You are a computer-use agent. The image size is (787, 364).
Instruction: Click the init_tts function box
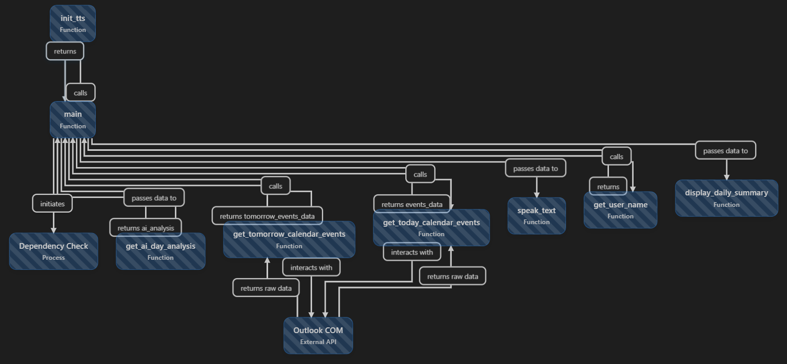coord(73,24)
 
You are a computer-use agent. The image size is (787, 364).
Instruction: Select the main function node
coord(73,119)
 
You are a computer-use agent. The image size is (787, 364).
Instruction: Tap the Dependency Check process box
coord(53,251)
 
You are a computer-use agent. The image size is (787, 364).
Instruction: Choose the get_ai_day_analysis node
coord(160,251)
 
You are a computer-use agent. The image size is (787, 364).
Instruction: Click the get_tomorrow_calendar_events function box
coord(289,240)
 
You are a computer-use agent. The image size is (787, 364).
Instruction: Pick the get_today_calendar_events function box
coord(431,228)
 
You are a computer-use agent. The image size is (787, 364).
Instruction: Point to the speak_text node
coord(536,216)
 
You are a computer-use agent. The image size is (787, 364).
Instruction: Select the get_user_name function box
coord(620,210)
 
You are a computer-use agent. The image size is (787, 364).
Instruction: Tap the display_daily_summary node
coord(726,198)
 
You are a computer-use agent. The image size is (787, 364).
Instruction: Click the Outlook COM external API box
coord(318,335)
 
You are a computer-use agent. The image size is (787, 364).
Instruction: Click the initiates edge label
coord(52,204)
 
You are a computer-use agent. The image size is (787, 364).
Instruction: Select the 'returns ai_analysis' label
coord(146,228)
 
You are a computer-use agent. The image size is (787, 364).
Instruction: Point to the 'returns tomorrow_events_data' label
coord(267,216)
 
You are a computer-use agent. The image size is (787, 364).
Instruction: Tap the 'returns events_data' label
coord(412,204)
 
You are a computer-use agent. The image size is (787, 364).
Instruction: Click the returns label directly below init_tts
coord(65,51)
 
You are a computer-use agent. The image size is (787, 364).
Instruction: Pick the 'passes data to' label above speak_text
coord(536,168)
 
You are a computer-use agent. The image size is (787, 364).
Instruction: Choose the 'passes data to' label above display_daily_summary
coord(725,150)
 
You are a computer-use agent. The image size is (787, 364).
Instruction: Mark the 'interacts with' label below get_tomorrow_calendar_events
coord(312,268)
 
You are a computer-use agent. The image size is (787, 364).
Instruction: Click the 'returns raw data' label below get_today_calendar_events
coord(452,276)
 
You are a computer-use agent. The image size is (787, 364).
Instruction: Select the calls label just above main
coord(81,93)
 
